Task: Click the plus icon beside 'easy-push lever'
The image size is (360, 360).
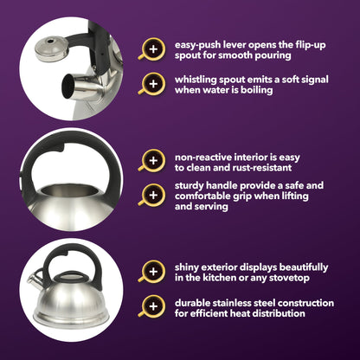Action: pyautogui.click(x=153, y=49)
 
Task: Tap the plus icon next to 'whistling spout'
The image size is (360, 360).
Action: pyautogui.click(x=153, y=84)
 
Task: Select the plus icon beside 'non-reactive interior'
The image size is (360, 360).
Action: pyautogui.click(x=153, y=161)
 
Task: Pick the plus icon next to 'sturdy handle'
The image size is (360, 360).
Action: pyautogui.click(x=153, y=196)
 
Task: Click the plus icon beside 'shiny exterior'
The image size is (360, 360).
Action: pyautogui.click(x=153, y=272)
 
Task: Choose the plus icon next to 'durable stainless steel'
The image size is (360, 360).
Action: pyautogui.click(x=153, y=306)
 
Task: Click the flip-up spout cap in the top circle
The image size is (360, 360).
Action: pyautogui.click(x=52, y=48)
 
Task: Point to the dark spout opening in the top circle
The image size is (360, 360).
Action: pyautogui.click(x=68, y=87)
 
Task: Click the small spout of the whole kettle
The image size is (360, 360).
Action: pyautogui.click(x=35, y=280)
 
